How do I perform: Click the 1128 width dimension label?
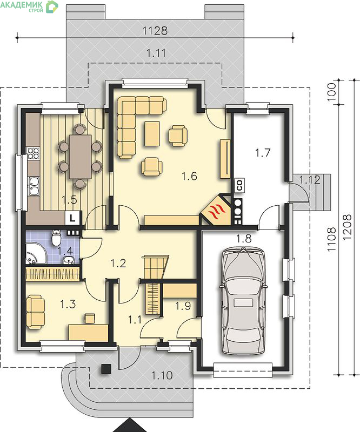(155, 31)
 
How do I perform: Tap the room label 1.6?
(190, 177)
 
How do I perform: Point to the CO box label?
(239, 185)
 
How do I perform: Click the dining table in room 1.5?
(81, 157)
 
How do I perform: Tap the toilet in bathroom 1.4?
(56, 238)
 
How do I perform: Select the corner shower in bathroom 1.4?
(36, 253)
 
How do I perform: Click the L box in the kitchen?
(72, 218)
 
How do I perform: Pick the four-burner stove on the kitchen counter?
(34, 153)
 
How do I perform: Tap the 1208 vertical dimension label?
(348, 227)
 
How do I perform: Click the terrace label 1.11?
(156, 53)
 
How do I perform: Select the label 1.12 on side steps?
(310, 180)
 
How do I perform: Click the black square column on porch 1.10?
(106, 369)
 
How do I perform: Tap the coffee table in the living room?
(152, 133)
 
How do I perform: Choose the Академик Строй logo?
(29, 6)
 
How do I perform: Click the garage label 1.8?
(244, 239)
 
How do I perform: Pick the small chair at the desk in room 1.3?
(90, 318)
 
